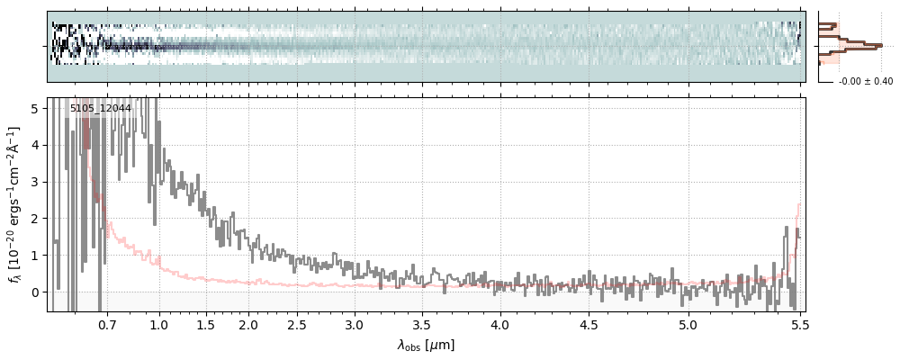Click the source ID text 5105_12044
click(100, 109)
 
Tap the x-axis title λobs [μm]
click(426, 345)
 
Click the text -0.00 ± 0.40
click(865, 82)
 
